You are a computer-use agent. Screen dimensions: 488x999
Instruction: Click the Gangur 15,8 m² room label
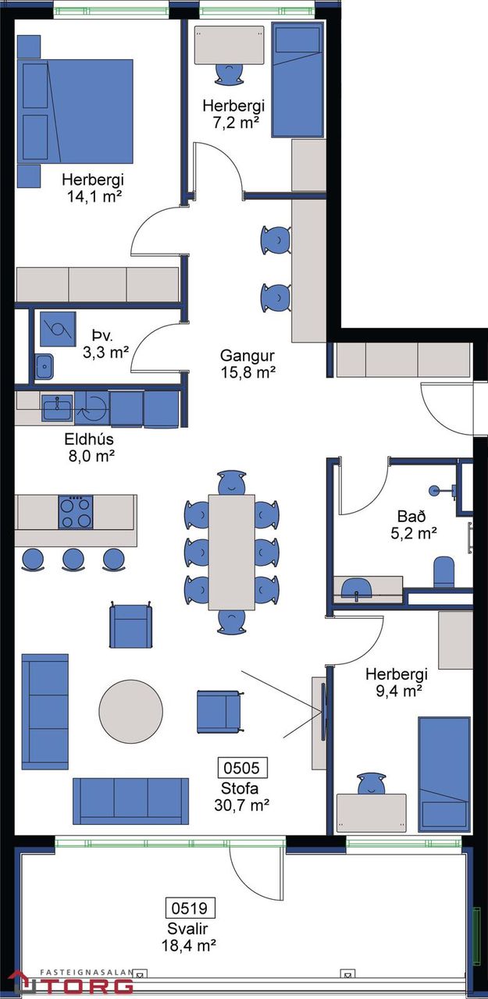point(248,364)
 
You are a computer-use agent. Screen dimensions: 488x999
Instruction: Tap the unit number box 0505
point(241,767)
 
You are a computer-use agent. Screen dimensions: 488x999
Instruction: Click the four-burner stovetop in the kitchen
point(76,512)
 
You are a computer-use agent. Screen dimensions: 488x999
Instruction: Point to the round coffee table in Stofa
point(130,711)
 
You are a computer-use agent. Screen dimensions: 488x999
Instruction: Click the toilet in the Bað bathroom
point(443,572)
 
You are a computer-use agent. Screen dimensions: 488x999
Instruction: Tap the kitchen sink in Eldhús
point(57,407)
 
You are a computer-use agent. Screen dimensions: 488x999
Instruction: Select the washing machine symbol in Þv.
point(58,329)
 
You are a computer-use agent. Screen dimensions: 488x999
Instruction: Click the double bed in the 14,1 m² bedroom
point(76,112)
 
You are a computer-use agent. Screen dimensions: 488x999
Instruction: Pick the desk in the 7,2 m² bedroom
point(230,45)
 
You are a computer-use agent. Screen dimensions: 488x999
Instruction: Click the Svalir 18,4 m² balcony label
point(189,937)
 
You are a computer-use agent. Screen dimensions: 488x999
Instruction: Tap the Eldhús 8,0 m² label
point(90,447)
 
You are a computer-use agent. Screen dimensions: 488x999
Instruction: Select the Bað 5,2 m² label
point(412,524)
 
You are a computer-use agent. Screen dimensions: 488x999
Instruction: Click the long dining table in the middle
point(232,552)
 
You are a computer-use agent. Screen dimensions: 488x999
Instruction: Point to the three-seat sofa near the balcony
point(130,801)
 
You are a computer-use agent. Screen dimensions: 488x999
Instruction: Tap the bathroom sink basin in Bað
point(356,588)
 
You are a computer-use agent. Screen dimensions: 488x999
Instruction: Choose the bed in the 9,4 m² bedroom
point(443,774)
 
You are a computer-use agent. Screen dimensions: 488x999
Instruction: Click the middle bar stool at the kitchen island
point(73,560)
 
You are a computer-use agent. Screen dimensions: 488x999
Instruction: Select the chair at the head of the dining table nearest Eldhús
point(232,482)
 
